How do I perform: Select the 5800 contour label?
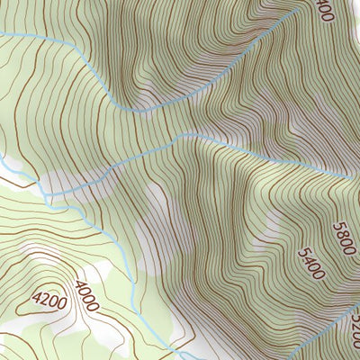point(343,238)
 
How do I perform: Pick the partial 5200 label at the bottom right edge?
point(355,323)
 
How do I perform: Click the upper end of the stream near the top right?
point(295,13)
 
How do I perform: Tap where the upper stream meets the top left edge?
point(2,34)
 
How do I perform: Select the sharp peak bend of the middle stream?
point(187,134)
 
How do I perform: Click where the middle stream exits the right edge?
point(357,177)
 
